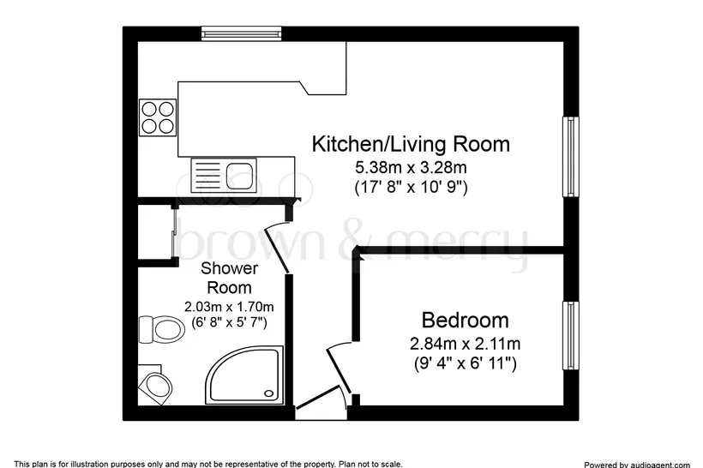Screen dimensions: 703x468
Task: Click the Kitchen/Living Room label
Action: point(411,144)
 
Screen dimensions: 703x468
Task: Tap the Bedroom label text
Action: point(465,321)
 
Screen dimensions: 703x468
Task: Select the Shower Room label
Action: point(229,278)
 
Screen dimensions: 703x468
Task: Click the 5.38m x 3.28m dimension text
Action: point(411,168)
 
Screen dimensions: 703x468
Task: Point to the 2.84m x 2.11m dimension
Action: point(465,345)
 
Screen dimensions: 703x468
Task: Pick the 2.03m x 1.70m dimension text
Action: point(229,307)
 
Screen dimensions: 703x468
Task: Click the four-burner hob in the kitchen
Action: point(158,117)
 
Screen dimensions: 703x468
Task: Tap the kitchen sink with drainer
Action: point(224,175)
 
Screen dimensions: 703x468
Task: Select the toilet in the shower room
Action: point(161,329)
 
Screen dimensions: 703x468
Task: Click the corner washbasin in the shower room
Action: point(155,385)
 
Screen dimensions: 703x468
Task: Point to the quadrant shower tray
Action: point(244,375)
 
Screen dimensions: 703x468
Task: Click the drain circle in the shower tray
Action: point(269,393)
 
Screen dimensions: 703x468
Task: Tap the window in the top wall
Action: point(241,33)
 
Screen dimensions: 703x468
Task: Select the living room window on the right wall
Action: point(570,157)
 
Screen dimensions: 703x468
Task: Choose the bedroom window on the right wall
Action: point(570,336)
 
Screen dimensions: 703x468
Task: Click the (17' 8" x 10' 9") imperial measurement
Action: point(411,187)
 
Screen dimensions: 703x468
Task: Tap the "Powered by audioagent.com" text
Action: point(637,465)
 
